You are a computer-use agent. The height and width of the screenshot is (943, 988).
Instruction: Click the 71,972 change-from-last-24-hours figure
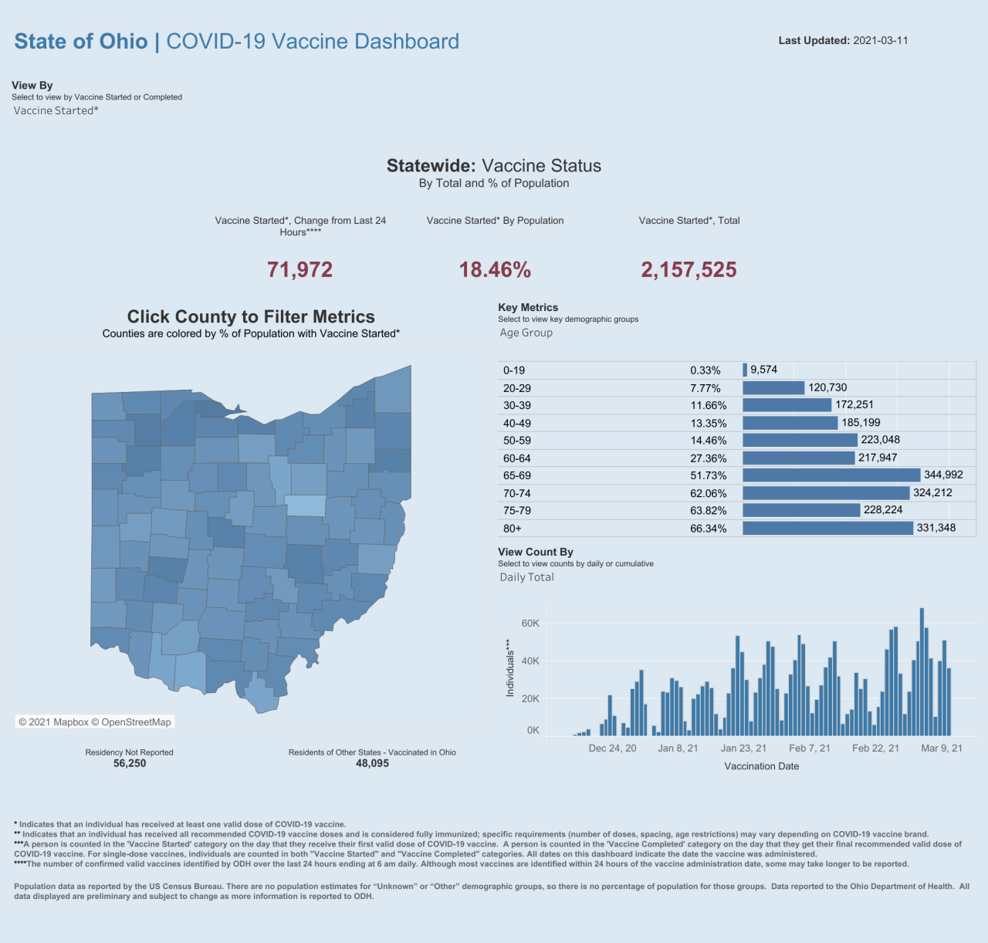tap(299, 270)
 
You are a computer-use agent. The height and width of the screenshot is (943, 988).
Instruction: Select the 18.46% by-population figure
tap(495, 270)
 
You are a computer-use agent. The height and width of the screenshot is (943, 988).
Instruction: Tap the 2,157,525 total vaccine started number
tap(689, 270)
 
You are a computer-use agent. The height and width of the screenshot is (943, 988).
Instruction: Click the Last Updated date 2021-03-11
tap(880, 40)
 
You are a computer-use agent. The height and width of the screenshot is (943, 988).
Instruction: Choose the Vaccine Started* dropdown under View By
tap(56, 110)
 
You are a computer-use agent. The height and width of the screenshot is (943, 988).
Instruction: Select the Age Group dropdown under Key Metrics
tap(526, 333)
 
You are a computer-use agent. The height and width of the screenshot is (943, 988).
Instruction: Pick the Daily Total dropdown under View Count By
tap(527, 577)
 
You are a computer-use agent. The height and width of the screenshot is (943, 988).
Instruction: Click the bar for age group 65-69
tap(831, 475)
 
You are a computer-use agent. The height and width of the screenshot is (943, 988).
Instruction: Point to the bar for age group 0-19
tap(745, 370)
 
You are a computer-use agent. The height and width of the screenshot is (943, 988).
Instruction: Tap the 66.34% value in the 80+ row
tap(708, 529)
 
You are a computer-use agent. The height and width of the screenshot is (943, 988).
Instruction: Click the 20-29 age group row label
tap(517, 388)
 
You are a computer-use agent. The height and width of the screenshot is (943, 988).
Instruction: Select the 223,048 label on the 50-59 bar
tap(881, 440)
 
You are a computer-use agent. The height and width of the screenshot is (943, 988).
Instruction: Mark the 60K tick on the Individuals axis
tap(530, 623)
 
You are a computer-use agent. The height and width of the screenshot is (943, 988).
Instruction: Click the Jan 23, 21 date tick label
tap(743, 748)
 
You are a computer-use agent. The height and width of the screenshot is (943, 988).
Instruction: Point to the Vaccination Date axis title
tap(761, 766)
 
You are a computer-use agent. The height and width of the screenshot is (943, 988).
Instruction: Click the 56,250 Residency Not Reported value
tap(130, 763)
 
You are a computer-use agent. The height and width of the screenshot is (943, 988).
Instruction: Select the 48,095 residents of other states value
tap(372, 763)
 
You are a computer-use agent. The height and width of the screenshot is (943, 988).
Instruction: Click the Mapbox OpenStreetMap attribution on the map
tap(95, 722)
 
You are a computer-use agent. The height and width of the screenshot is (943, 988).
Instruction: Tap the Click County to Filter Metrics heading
tap(251, 316)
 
